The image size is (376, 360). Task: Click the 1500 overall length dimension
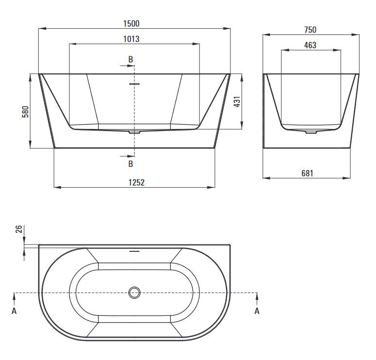click(x=131, y=23)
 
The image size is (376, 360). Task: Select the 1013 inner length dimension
click(x=131, y=39)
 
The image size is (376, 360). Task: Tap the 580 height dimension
click(x=25, y=112)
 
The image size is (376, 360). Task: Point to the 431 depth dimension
click(x=237, y=102)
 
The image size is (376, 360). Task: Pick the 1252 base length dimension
click(x=136, y=182)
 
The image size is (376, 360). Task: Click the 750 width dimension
click(x=310, y=30)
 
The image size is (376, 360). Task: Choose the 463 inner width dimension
click(x=310, y=45)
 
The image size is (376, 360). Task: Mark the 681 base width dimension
click(x=307, y=173)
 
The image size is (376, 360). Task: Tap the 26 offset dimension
click(x=19, y=229)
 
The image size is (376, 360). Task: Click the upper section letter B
click(x=131, y=59)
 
